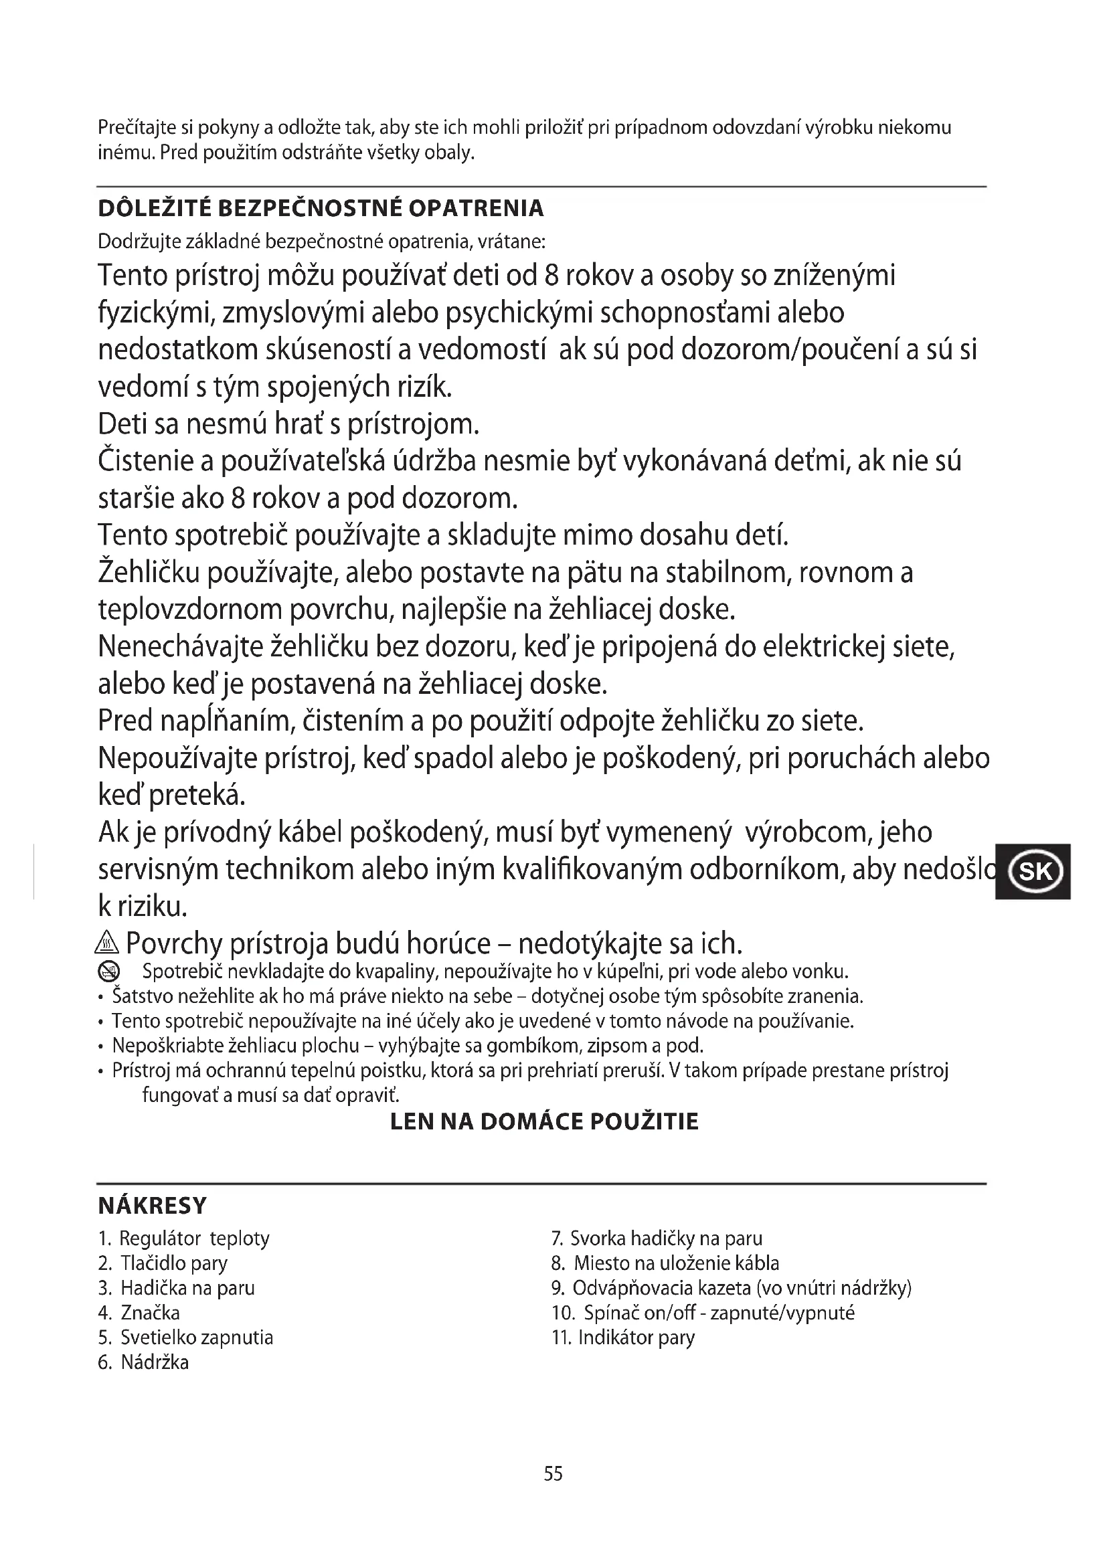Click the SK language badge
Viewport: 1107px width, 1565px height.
pos(1033,872)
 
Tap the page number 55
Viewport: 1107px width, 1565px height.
pos(553,1473)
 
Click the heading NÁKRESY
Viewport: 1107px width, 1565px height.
pos(152,1206)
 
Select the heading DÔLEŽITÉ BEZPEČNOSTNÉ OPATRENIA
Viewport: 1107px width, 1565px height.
pos(321,209)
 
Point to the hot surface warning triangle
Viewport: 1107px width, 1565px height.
pos(108,945)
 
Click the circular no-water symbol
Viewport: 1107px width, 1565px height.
pos(109,972)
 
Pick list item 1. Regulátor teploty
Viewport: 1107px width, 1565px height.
pos(184,1238)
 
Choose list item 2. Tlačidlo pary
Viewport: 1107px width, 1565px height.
pos(163,1263)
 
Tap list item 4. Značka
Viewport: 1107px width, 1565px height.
pos(139,1313)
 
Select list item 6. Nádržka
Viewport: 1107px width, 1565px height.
pos(144,1362)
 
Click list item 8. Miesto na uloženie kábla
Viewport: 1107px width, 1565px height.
pos(665,1263)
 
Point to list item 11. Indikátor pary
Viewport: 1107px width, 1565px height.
pos(623,1338)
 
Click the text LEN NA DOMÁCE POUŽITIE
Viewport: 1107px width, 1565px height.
pos(544,1122)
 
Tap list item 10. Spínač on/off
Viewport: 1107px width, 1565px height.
pos(703,1313)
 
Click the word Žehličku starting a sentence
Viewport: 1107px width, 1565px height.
pos(149,573)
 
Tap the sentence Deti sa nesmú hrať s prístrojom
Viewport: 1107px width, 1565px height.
pos(289,424)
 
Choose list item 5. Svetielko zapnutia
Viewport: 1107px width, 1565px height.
pos(185,1338)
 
